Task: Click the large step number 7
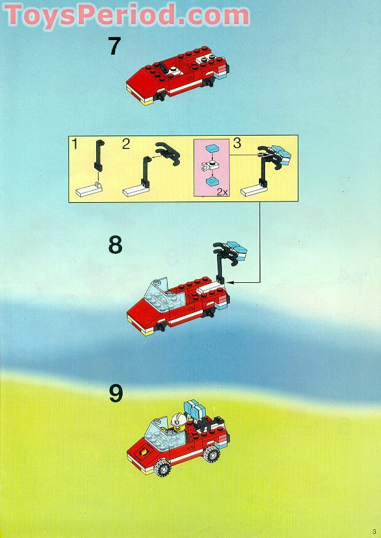point(115,46)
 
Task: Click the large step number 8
point(115,245)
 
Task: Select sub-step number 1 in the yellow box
point(75,144)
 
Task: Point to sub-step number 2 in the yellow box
point(126,144)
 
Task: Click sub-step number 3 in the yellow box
point(237,143)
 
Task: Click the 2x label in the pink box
point(222,192)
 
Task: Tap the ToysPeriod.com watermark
point(126,15)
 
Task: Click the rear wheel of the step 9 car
point(212,454)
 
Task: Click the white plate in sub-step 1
point(89,190)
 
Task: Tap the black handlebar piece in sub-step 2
point(168,153)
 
